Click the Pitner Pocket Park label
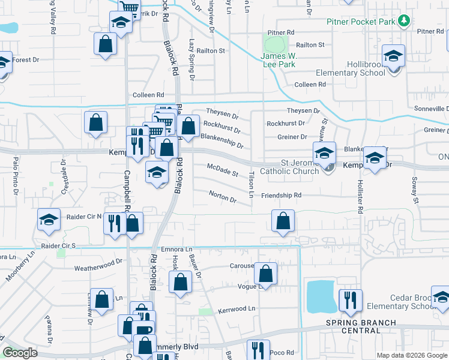pyautogui.click(x=361, y=22)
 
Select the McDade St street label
pyautogui.click(x=223, y=170)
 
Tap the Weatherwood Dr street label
pyautogui.click(x=98, y=263)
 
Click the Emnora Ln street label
pyautogui.click(x=176, y=249)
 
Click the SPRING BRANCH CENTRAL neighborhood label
pyautogui.click(x=361, y=326)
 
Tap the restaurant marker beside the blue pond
pyautogui.click(x=349, y=300)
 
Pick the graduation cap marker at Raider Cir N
pyautogui.click(x=49, y=220)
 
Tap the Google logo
pyautogui.click(x=20, y=353)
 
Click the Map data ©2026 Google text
pyautogui.click(x=411, y=355)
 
